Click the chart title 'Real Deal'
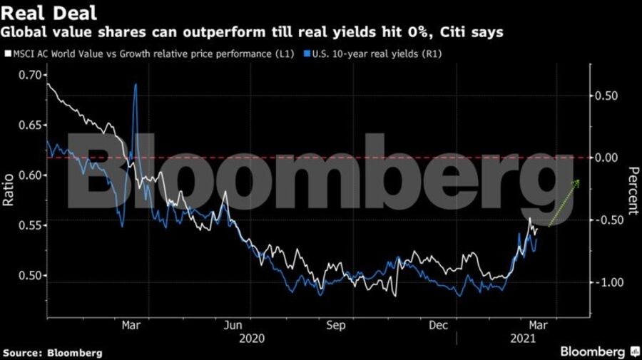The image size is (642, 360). coord(50,13)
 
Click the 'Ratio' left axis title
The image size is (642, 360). coord(9,191)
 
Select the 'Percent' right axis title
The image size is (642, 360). coord(633,190)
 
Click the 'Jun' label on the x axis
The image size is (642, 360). coord(233,326)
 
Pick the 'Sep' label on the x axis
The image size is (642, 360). coord(335,326)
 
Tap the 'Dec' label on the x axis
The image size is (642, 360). coord(438,326)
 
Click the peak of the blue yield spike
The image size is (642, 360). coord(136,84)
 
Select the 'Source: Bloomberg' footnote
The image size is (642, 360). coord(52,353)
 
